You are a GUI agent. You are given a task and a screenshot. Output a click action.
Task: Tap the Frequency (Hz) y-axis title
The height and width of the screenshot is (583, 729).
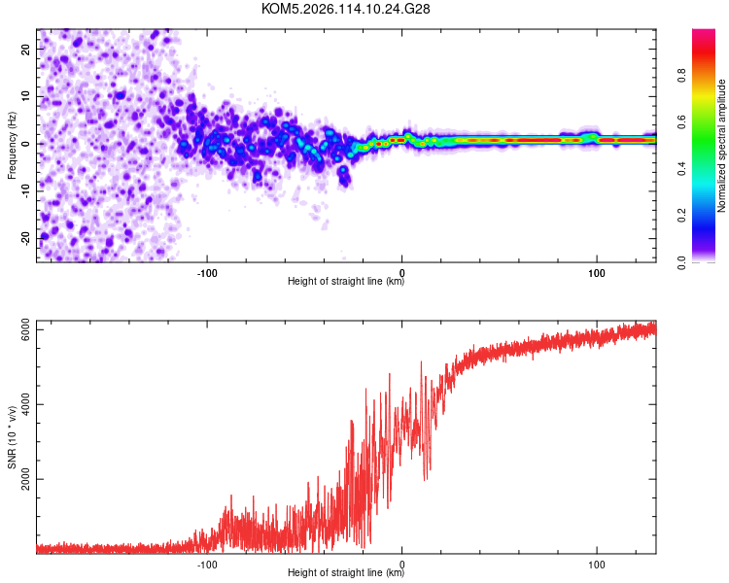12,145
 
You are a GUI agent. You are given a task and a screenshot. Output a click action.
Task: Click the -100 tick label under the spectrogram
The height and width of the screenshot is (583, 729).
206,271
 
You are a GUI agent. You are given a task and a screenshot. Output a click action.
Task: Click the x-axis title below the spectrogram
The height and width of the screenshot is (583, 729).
346,282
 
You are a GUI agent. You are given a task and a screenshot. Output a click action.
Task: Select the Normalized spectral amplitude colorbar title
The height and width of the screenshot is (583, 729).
722,145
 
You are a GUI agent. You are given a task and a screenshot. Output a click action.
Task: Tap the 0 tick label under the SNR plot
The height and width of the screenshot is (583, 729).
402,563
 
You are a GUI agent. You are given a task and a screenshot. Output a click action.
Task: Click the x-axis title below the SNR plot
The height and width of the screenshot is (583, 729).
346,573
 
